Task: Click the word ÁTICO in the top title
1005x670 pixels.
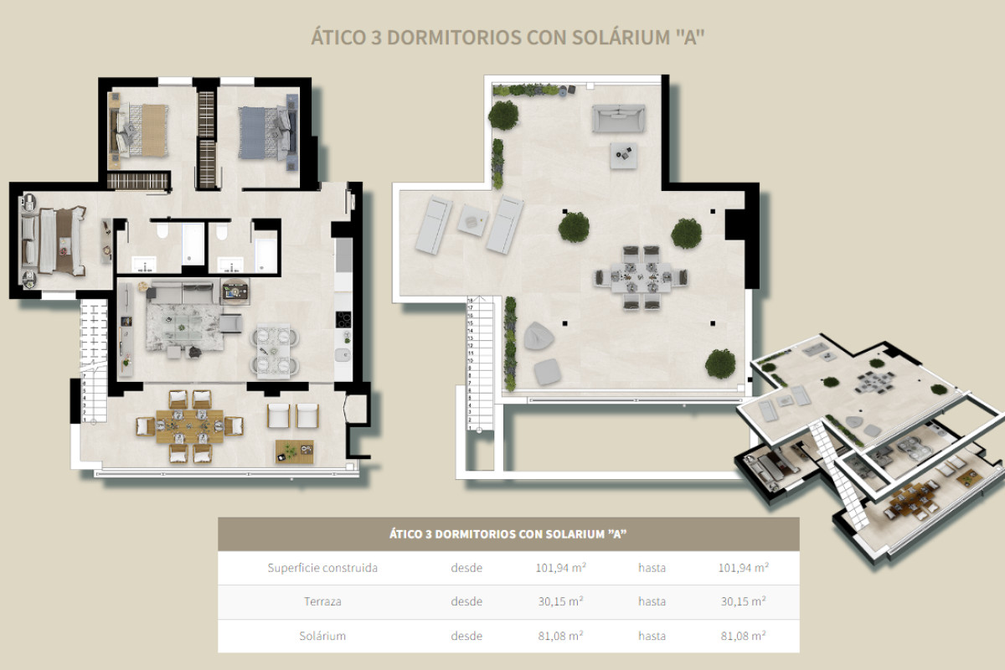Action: point(338,38)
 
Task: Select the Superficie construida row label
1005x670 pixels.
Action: point(322,568)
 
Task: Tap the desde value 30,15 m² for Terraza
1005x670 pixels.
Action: point(559,601)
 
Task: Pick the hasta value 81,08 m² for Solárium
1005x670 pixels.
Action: point(743,636)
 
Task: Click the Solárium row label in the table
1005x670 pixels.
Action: point(322,636)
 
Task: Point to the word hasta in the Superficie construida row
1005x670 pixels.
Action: point(652,568)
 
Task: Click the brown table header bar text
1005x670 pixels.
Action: point(508,533)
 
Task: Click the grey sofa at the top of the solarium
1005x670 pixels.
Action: point(619,118)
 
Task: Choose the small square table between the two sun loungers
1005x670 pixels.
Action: point(471,220)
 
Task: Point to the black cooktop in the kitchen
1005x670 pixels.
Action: point(343,319)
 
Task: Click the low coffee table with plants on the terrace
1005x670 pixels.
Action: point(294,451)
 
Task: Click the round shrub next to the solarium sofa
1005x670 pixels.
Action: point(504,115)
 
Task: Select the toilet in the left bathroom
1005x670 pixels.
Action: point(163,232)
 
